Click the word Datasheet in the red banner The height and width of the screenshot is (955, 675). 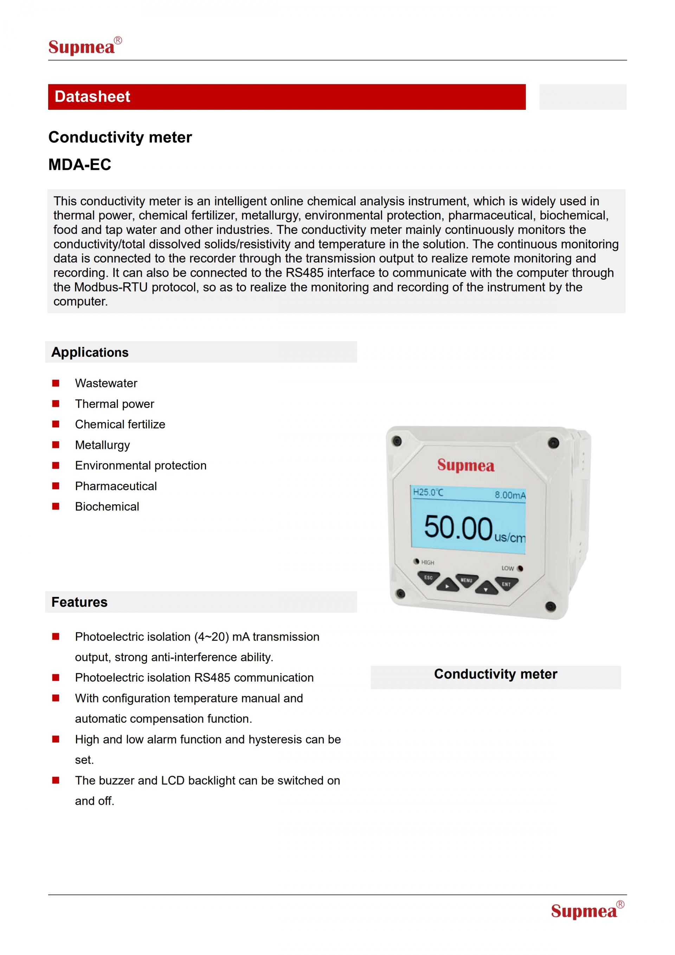click(92, 96)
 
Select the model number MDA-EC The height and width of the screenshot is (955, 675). click(80, 165)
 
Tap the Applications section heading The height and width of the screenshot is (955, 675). click(90, 352)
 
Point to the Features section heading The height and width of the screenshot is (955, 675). click(79, 602)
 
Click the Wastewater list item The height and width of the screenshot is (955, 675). click(106, 383)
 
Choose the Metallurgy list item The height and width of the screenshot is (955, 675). click(102, 445)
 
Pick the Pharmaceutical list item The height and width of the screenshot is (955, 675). click(116, 486)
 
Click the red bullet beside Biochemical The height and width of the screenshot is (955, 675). click(56, 506)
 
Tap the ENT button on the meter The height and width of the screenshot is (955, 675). click(506, 584)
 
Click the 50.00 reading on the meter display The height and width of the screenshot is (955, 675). click(458, 528)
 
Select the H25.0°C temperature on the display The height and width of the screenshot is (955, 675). click(428, 492)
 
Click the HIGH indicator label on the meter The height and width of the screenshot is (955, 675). click(427, 562)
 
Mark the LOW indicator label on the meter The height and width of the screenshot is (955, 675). click(508, 568)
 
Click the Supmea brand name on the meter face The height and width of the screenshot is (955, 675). click(465, 465)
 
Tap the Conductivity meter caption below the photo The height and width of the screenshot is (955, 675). click(495, 674)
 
